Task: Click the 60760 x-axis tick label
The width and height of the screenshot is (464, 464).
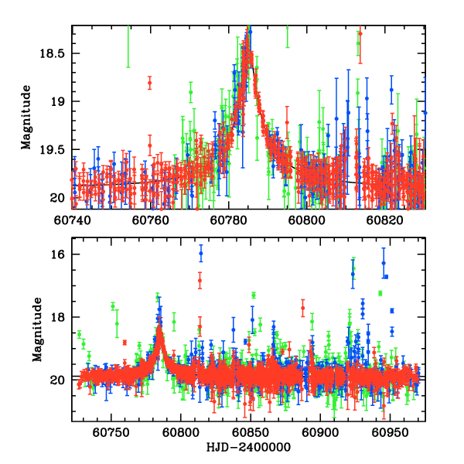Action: tap(151, 220)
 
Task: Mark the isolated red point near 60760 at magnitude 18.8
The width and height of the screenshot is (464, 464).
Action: tap(149, 83)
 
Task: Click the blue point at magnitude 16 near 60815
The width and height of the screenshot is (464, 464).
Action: tap(200, 254)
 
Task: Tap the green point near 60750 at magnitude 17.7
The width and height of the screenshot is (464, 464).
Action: tap(113, 306)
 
